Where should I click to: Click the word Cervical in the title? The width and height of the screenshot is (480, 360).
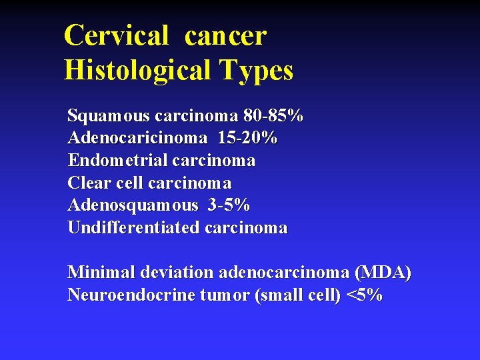coord(116,35)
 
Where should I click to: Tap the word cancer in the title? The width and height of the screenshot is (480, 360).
coord(225,35)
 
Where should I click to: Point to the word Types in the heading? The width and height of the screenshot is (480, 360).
coord(259,69)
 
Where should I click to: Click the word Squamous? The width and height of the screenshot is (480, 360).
coord(109,117)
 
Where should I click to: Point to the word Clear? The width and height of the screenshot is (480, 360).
coord(88,183)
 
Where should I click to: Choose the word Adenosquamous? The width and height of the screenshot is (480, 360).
coord(133,205)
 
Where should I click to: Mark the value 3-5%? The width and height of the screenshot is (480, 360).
coord(229,205)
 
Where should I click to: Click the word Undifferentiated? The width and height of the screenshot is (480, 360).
coord(133,227)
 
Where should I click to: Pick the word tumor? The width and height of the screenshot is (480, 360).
coord(225,295)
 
